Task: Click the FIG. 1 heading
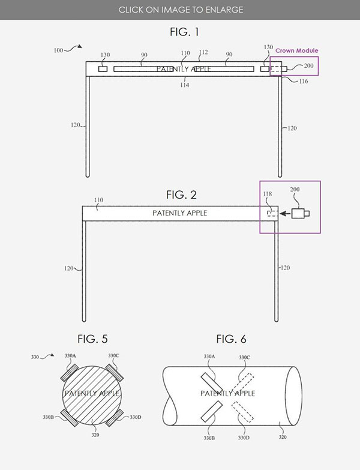click(184, 32)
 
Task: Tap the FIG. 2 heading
click(181, 195)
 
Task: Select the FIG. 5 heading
click(92, 339)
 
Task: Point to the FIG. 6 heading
click(231, 339)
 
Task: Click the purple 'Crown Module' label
click(297, 50)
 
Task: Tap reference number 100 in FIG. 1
click(58, 50)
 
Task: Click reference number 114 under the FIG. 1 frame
click(184, 85)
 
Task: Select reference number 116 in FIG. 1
click(304, 81)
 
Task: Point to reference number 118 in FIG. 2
click(268, 194)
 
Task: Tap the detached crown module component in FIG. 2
click(301, 214)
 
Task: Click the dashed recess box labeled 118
click(272, 214)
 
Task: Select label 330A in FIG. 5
click(70, 356)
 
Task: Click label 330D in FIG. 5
click(136, 417)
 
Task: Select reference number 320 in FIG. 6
click(283, 437)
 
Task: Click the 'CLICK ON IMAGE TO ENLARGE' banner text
click(181, 10)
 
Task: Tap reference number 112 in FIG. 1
click(203, 52)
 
